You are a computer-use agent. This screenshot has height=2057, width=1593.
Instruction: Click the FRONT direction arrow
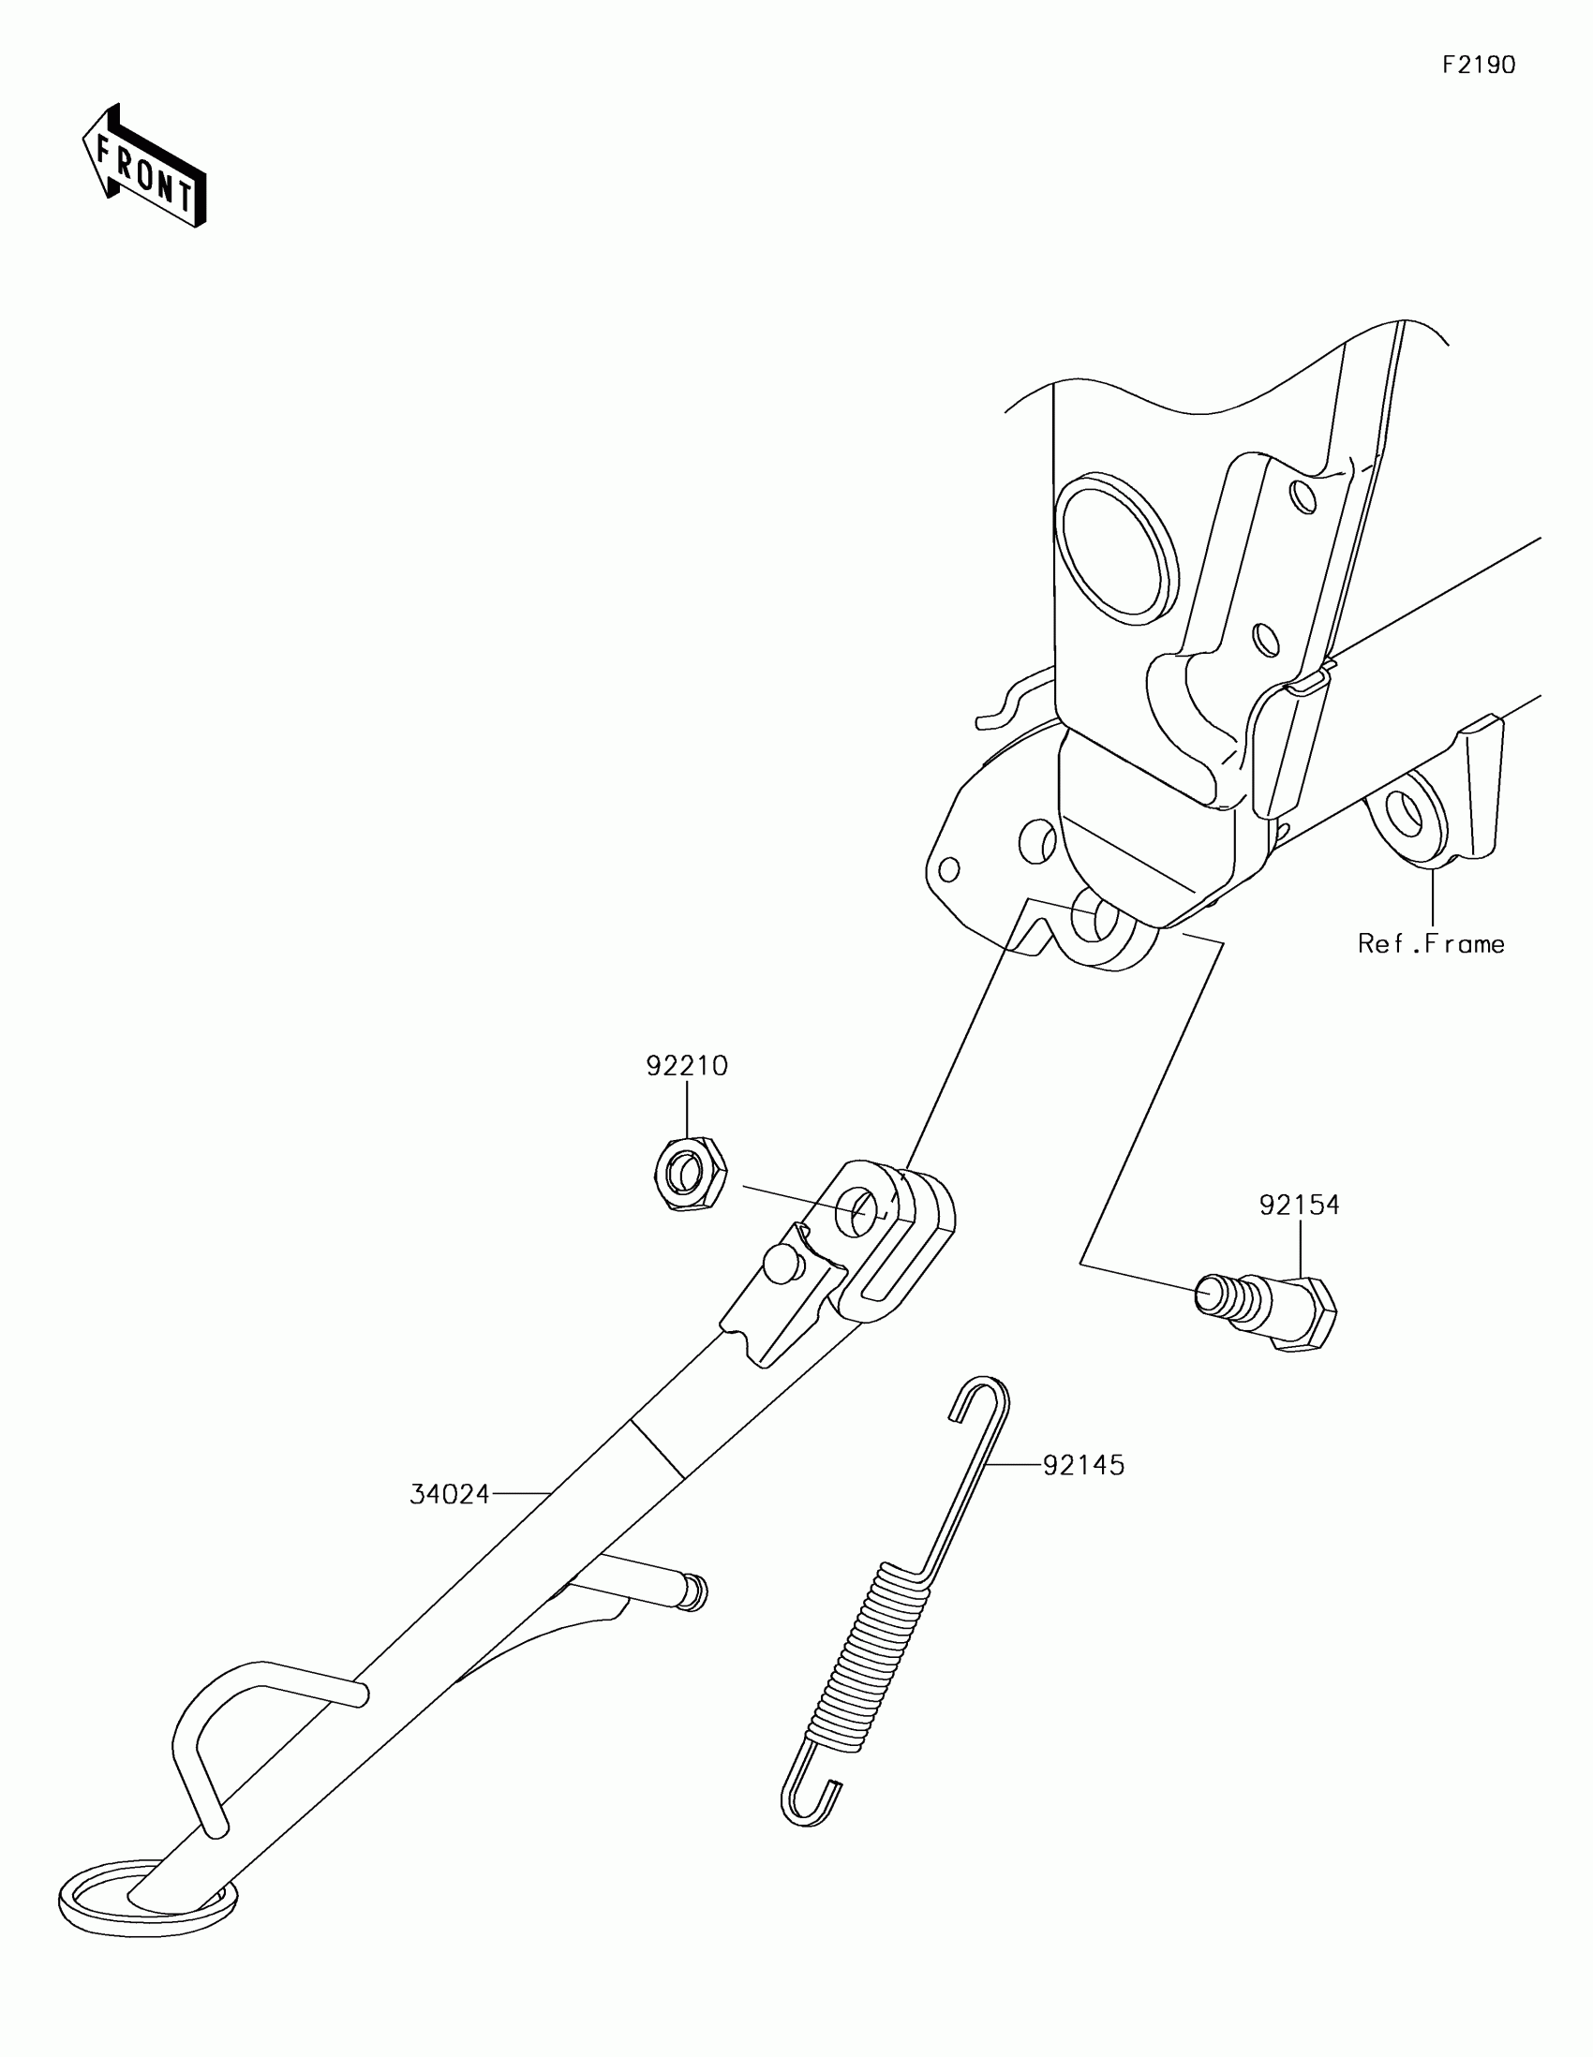pos(144,166)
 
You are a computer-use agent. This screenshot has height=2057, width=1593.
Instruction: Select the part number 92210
pos(687,1065)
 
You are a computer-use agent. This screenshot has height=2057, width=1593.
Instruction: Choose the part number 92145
pos(1083,1466)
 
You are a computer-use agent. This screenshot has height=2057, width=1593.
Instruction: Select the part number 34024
pos(450,1494)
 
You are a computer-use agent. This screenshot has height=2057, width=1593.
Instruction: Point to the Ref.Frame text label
pos(1431,944)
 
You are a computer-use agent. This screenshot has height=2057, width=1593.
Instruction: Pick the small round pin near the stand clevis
pos(779,1263)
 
